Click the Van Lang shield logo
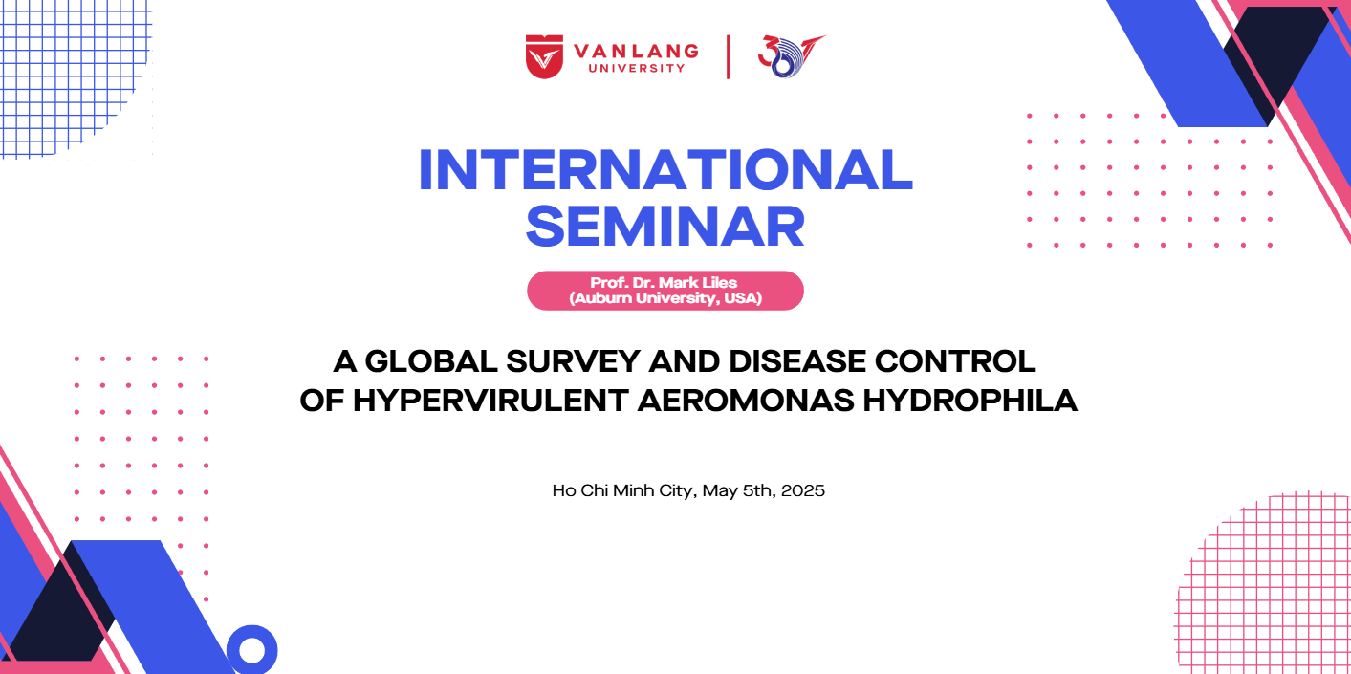(x=544, y=56)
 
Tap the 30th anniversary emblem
(x=792, y=56)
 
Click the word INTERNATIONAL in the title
(x=665, y=170)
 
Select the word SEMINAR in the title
(x=665, y=227)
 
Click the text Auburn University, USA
(x=665, y=298)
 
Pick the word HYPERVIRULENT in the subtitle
(x=490, y=401)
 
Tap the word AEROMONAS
(x=746, y=401)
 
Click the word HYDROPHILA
(x=970, y=401)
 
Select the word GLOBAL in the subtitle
(x=431, y=361)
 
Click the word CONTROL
(x=955, y=361)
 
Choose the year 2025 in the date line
(x=803, y=490)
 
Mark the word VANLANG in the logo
(x=636, y=52)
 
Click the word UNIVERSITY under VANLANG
(x=637, y=69)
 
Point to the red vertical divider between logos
(x=728, y=57)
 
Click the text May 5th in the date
(x=737, y=491)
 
